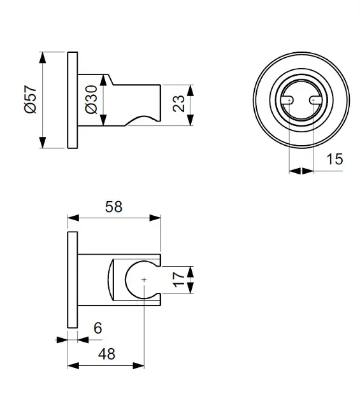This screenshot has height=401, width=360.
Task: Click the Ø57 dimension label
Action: [x=29, y=101]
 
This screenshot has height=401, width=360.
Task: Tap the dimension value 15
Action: [x=334, y=158]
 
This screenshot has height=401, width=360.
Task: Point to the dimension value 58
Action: [x=113, y=207]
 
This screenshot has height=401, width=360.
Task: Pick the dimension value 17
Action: [x=179, y=279]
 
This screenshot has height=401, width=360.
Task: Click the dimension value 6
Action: [x=97, y=328]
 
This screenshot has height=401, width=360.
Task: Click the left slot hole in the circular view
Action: [x=287, y=100]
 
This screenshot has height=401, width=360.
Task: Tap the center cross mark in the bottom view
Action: [x=145, y=279]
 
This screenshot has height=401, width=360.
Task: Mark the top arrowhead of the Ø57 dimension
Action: [x=43, y=56]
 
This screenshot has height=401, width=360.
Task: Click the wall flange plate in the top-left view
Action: [x=72, y=100]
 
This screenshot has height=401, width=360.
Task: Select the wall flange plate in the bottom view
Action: [x=72, y=279]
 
